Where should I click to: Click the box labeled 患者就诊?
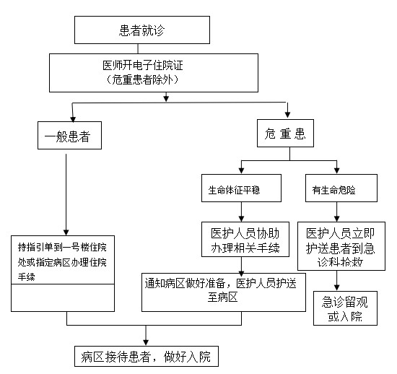[x=142, y=30]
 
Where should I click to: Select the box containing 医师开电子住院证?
[x=154, y=73]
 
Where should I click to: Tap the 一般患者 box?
[x=69, y=135]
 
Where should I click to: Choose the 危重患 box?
[x=285, y=133]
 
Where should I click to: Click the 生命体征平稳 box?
[x=241, y=188]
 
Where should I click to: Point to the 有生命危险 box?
[x=341, y=188]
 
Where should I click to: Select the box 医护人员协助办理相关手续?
[x=245, y=239]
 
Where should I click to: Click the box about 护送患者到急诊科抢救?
[x=341, y=246]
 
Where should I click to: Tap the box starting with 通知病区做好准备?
[x=224, y=292]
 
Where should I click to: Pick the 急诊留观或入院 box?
[x=345, y=308]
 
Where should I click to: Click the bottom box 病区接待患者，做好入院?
[x=147, y=356]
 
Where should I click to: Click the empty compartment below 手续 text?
[x=63, y=297]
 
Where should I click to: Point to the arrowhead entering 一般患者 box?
[x=73, y=119]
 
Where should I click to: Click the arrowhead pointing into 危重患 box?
[x=287, y=115]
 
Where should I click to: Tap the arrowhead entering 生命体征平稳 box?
[x=241, y=170]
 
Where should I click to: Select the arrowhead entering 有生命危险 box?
[x=337, y=170]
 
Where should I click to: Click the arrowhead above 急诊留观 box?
[x=337, y=287]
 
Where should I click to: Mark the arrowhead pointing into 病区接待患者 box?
[x=146, y=342]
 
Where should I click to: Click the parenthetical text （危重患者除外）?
[x=142, y=79]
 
